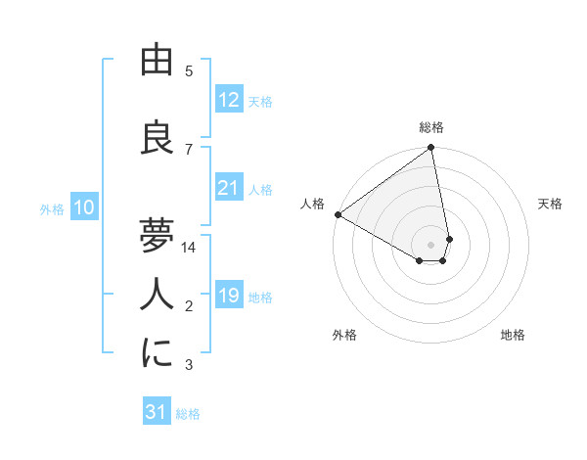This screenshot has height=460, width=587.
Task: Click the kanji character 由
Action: click(x=157, y=61)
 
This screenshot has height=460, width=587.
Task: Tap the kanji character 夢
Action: click(x=157, y=236)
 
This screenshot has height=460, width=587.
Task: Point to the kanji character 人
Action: click(x=157, y=295)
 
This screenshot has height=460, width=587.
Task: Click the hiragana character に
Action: click(x=157, y=353)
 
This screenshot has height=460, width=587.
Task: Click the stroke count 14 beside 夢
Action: click(x=189, y=248)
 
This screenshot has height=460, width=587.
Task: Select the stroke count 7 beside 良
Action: click(x=189, y=149)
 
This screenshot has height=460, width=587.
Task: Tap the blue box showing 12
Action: click(x=228, y=100)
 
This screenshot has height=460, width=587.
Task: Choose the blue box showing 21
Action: click(x=228, y=188)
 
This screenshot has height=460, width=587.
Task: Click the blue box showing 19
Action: click(x=228, y=296)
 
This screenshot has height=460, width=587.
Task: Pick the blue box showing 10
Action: click(x=84, y=207)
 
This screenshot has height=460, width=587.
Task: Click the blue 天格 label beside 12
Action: click(x=260, y=101)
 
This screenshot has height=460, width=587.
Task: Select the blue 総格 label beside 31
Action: click(x=188, y=414)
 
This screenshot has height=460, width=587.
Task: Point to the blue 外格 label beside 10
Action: click(x=52, y=208)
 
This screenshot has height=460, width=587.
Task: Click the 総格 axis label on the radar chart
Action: click(x=431, y=127)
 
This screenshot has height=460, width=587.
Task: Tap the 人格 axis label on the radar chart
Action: click(x=313, y=204)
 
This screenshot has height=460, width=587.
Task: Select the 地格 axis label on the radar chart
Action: click(x=513, y=335)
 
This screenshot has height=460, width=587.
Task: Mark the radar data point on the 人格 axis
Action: click(x=338, y=214)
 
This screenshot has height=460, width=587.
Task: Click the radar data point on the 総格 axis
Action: click(x=431, y=149)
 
